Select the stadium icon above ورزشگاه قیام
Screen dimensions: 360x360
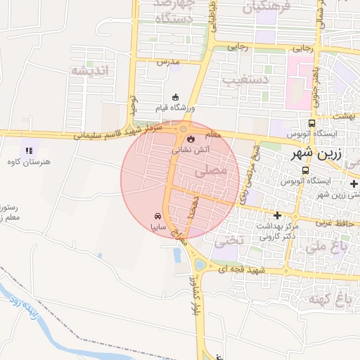175,97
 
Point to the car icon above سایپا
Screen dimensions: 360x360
158,217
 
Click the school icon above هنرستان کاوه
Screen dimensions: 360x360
28,150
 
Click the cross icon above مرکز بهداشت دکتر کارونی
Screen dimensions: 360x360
277,215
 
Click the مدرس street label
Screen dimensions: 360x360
169,62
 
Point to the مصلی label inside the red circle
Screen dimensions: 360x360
214,170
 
